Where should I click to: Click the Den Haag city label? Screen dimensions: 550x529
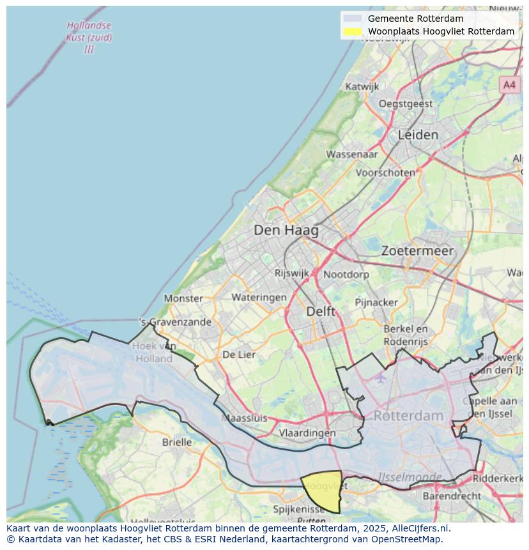click(286, 230)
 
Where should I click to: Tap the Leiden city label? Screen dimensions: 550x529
click(418, 135)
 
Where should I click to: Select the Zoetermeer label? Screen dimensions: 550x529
click(417, 251)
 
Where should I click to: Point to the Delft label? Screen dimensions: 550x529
click(321, 311)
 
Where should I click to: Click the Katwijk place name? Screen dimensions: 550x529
click(362, 86)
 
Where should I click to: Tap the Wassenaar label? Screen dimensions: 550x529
click(352, 154)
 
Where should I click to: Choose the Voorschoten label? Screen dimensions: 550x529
click(385, 172)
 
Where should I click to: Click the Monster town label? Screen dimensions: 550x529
click(183, 298)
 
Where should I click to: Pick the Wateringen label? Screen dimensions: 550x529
click(259, 297)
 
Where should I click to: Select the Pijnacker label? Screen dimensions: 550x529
click(376, 302)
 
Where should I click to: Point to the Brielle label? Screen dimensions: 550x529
click(177, 442)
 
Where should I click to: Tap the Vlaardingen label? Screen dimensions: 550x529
click(307, 432)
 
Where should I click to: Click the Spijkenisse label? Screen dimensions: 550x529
click(299, 509)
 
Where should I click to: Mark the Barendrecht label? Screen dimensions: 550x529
click(452, 496)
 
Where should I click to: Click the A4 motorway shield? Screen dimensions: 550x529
click(509, 84)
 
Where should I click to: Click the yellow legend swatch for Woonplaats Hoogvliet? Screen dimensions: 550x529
click(352, 31)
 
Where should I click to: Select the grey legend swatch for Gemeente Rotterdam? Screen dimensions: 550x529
click(352, 19)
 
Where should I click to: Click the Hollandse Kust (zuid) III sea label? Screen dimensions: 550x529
click(89, 37)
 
